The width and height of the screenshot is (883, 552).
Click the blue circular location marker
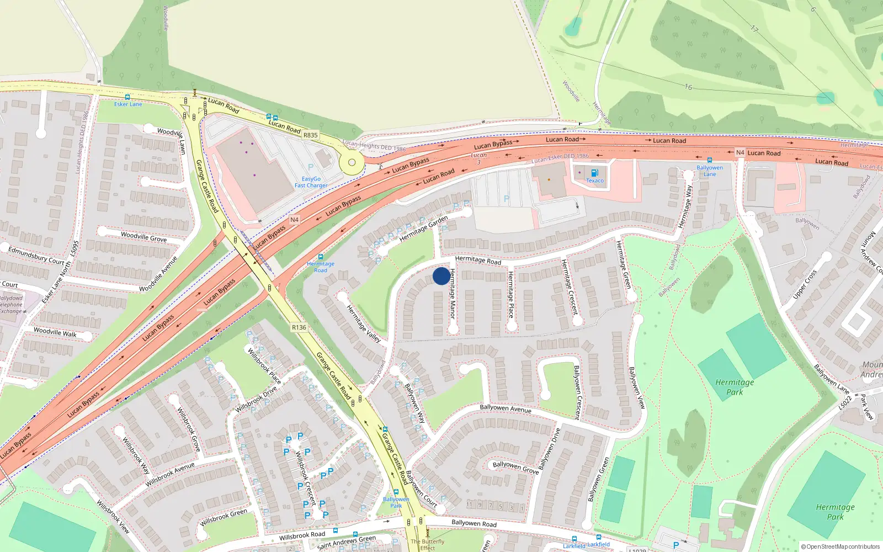[441, 276]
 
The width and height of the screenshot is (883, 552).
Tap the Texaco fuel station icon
[594, 173]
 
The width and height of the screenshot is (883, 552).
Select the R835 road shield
[311, 135]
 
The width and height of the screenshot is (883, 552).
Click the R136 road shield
[299, 327]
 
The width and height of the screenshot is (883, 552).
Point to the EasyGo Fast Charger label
[311, 182]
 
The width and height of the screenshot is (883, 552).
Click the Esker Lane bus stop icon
[127, 97]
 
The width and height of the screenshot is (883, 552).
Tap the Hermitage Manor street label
[452, 293]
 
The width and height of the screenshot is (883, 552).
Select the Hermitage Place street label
[511, 294]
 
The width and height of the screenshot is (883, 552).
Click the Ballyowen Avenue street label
[505, 408]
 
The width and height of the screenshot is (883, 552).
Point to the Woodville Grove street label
[143, 237]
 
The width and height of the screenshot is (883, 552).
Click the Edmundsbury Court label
[36, 255]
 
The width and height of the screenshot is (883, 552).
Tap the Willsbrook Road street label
[302, 535]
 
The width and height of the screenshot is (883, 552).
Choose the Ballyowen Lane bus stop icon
[709, 160]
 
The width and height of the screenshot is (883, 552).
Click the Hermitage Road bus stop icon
[320, 257]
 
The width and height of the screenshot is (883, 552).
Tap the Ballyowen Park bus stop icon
[396, 492]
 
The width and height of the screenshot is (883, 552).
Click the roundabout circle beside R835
[351, 163]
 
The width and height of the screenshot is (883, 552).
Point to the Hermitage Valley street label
[364, 323]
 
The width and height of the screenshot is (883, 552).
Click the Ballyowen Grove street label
[515, 467]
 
